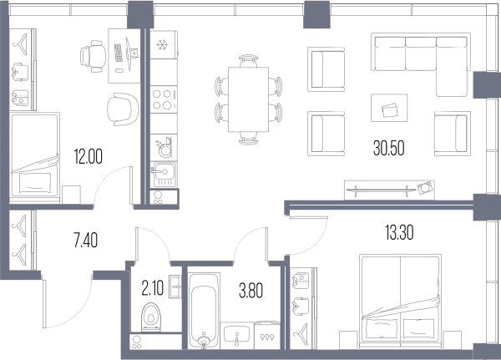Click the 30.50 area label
pyautogui.click(x=388, y=148)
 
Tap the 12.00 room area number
pyautogui.click(x=89, y=157)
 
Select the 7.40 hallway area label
pyautogui.click(x=86, y=241)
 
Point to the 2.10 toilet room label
pyautogui.click(x=153, y=287)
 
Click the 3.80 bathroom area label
pyautogui.click(x=251, y=291)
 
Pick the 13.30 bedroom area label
pyautogui.click(x=399, y=232)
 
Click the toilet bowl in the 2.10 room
pyautogui.click(x=151, y=317)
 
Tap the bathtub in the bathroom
pyautogui.click(x=204, y=311)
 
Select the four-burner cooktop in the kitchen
pyautogui.click(x=164, y=99)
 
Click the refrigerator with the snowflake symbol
pyautogui.click(x=164, y=45)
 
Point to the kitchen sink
pyautogui.click(x=164, y=175)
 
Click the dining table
pyautogui.click(x=248, y=99)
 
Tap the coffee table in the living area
pyautogui.click(x=389, y=108)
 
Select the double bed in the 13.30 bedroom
pyautogui.click(x=400, y=302)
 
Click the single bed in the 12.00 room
pyautogui.click(x=34, y=155)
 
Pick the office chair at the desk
pyautogui.click(x=93, y=56)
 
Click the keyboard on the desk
pyautogui.click(x=119, y=53)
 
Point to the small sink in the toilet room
pyautogui.click(x=175, y=286)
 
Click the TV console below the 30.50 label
pyautogui.click(x=390, y=190)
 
